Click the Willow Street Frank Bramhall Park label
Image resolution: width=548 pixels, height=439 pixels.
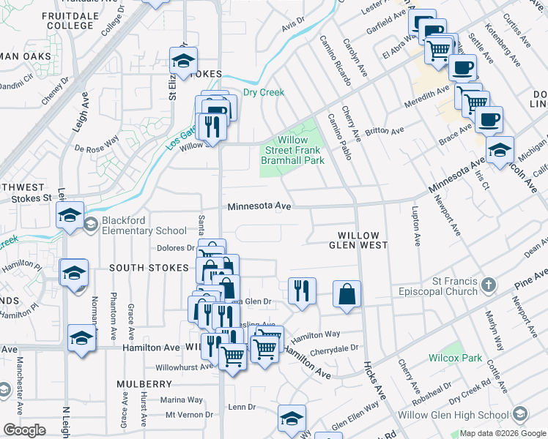tap(294, 150)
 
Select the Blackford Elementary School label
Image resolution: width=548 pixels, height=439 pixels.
tap(136, 225)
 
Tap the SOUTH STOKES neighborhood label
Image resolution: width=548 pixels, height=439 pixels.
tap(149, 268)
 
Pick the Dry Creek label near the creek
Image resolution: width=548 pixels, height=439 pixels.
tap(262, 92)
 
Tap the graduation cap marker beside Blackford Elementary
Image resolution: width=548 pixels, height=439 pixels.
tap(70, 215)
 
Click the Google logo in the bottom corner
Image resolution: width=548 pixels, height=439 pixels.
tap(23, 430)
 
